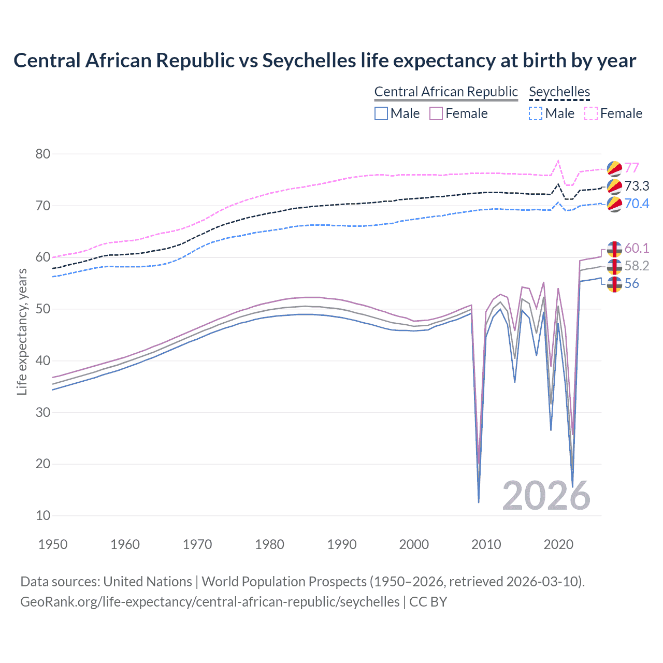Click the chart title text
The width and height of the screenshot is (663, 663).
[x=325, y=61]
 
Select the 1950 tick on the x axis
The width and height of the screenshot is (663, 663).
[x=53, y=544]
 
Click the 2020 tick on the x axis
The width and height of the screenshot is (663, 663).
[x=558, y=544]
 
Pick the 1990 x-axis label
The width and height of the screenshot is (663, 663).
[x=342, y=544]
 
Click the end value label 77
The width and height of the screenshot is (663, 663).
[x=631, y=168]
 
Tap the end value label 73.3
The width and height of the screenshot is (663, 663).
[x=637, y=186]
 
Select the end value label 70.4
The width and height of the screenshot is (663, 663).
[x=637, y=204]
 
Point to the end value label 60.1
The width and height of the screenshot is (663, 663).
[x=637, y=248]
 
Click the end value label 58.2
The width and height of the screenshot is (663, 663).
[x=637, y=266]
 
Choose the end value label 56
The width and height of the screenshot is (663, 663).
[x=631, y=283]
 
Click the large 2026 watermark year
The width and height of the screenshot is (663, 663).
[x=546, y=496]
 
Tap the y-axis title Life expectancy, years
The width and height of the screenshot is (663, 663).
[x=22, y=331]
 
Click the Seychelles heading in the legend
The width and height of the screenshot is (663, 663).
[x=559, y=92]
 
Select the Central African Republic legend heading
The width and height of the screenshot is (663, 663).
[x=446, y=92]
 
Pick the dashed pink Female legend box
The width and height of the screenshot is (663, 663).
[x=591, y=113]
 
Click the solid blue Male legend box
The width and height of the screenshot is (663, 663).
[x=381, y=113]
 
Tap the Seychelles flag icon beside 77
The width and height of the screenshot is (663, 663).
[x=614, y=168]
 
